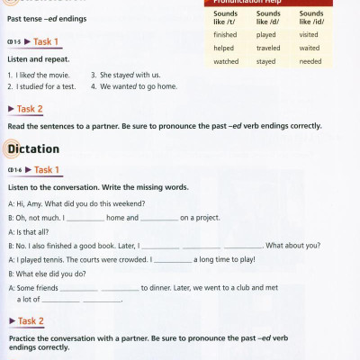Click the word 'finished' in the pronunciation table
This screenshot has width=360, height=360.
click(226, 34)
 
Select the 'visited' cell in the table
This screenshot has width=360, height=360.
click(309, 34)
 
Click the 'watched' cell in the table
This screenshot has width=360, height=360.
click(226, 61)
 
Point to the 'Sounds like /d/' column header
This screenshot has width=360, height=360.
click(268, 18)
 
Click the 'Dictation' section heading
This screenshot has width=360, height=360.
click(32, 148)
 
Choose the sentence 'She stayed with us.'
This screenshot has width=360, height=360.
click(130, 75)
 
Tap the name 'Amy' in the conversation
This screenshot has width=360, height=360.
click(40, 204)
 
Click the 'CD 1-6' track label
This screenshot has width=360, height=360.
click(13, 170)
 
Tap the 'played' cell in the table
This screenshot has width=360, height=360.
click(267, 34)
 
